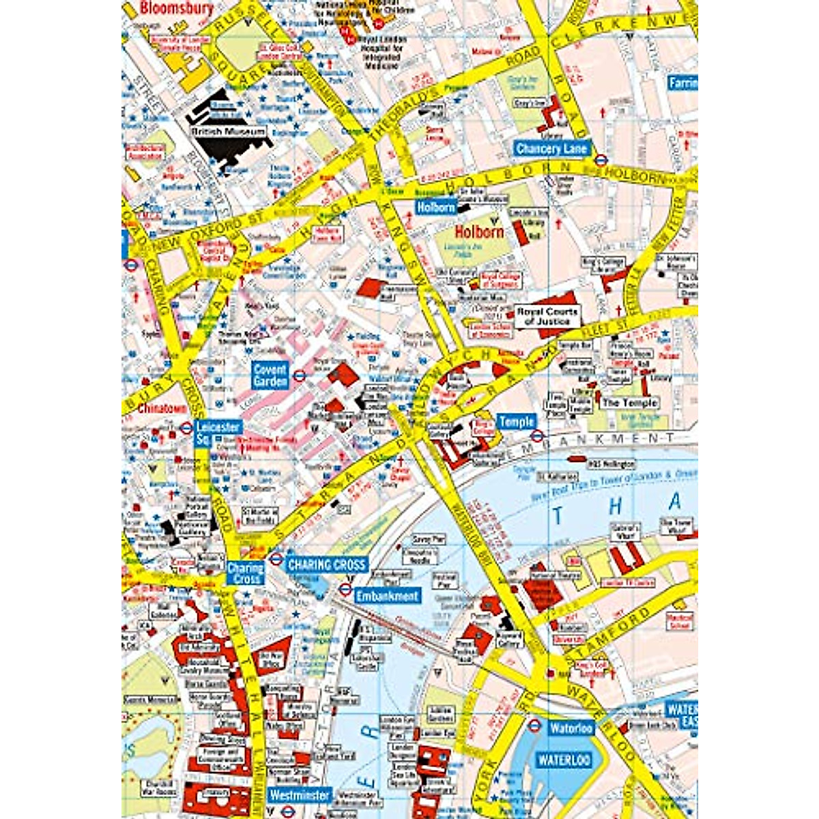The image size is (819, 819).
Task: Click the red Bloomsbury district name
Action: [176, 8]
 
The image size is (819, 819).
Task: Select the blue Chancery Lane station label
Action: [551, 149]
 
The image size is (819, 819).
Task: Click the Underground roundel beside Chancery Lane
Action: [601, 161]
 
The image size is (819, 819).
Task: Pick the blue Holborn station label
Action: [435, 207]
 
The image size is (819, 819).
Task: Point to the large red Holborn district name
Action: [479, 232]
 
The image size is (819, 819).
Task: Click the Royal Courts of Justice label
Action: [547, 316]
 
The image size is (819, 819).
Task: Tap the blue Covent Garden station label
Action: [270, 375]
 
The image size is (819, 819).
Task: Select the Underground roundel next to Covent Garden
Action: [299, 375]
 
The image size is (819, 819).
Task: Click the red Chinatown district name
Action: [162, 409]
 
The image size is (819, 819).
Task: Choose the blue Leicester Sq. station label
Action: [217, 433]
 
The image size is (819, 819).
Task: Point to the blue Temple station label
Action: [515, 422]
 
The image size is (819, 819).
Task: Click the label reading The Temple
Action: [629, 403]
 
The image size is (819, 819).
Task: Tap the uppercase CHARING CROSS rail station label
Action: [327, 564]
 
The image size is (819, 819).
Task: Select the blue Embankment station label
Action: [386, 596]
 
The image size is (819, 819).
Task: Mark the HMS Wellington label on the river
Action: [612, 464]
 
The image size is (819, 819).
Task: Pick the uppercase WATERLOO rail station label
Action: [564, 760]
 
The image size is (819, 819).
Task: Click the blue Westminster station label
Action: [300, 795]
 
